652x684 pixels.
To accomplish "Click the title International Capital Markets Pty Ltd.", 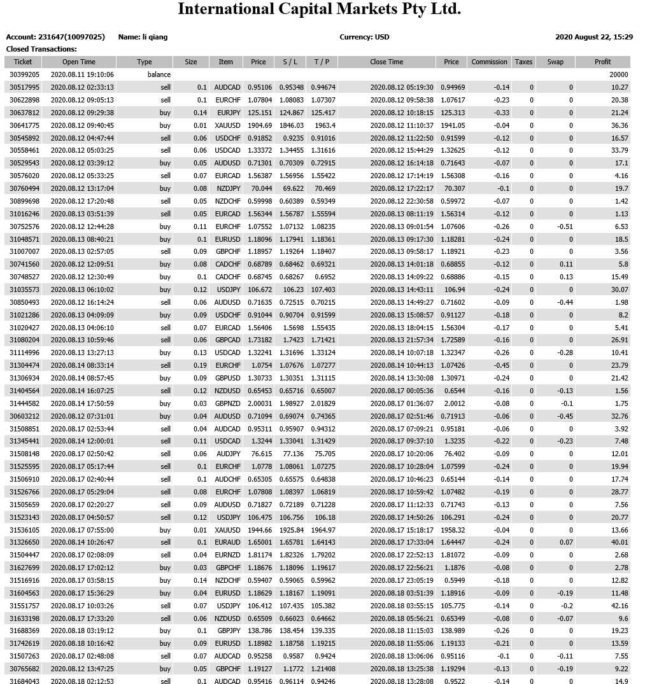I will tap(319, 10).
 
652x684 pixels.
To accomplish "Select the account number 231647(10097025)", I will tap(76, 37).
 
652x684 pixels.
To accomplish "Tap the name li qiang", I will tap(155, 37).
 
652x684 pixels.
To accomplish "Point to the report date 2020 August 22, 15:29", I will tap(594, 37).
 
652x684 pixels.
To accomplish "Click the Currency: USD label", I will tap(364, 37).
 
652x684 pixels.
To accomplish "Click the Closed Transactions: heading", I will tap(41, 49).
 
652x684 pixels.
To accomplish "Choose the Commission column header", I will tap(490, 62).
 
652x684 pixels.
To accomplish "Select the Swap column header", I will tap(555, 62).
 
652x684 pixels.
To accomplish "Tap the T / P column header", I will tap(322, 62).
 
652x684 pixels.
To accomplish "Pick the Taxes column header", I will tap(523, 62).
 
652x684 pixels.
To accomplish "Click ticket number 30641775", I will tap(24, 125).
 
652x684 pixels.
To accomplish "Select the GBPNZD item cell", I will tap(227, 403).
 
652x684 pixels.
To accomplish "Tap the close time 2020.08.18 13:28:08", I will tap(402, 681).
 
